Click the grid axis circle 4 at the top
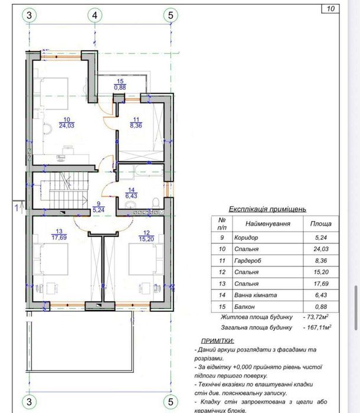pyautogui.click(x=94, y=15)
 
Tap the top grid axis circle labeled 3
pyautogui.click(x=29, y=15)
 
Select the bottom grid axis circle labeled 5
pyautogui.click(x=171, y=402)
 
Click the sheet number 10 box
pyautogui.click(x=330, y=9)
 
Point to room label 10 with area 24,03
pyautogui.click(x=67, y=123)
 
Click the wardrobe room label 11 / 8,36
pyautogui.click(x=136, y=123)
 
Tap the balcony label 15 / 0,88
pyautogui.click(x=120, y=84)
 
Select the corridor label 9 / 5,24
pyautogui.click(x=99, y=207)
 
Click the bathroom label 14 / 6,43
pyautogui.click(x=132, y=193)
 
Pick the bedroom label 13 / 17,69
pyautogui.click(x=59, y=235)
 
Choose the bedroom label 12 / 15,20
pyautogui.click(x=146, y=236)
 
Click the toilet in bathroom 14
pyautogui.click(x=156, y=203)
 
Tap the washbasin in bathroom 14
pyautogui.click(x=129, y=204)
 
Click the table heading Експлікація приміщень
pyautogui.click(x=267, y=209)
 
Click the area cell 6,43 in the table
pyautogui.click(x=321, y=295)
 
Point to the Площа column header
pyautogui.click(x=321, y=223)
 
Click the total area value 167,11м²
pyautogui.click(x=318, y=327)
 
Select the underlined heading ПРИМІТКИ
pyautogui.click(x=218, y=341)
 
